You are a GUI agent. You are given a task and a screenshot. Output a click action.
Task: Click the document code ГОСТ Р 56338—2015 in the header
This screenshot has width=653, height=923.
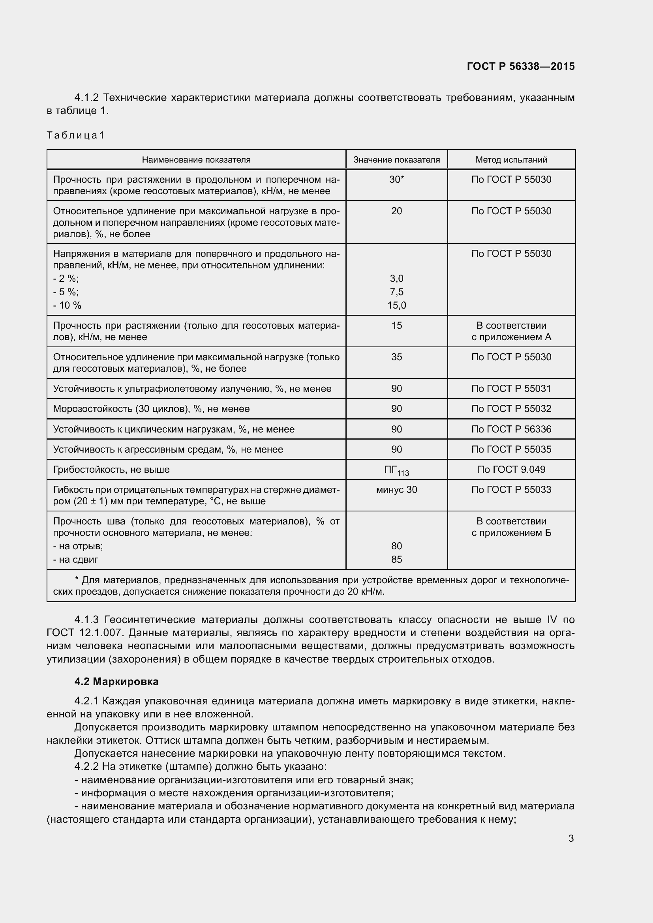(x=521, y=66)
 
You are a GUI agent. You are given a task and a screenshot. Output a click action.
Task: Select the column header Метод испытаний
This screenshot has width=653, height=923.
(x=511, y=159)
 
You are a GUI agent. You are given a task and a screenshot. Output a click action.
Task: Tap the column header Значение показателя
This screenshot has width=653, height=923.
(x=396, y=159)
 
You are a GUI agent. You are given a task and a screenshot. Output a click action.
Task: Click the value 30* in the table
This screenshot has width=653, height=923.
(x=396, y=180)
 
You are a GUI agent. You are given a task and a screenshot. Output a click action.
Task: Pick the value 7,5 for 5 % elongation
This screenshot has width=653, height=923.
(x=396, y=292)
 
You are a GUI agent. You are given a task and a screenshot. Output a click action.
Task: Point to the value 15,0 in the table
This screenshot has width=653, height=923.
(x=396, y=305)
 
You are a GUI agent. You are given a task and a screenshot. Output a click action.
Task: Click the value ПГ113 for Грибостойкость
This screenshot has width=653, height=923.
(x=396, y=470)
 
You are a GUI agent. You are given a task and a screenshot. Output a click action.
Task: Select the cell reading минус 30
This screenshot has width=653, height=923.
(x=396, y=490)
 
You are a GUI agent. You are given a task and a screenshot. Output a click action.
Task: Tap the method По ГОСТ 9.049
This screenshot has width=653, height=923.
(x=511, y=470)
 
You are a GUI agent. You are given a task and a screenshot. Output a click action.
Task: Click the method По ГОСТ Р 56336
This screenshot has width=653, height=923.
(x=511, y=429)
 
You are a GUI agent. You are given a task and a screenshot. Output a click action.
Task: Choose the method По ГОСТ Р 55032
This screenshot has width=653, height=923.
(x=511, y=409)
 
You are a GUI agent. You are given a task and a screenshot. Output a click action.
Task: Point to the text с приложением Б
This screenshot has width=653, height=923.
(x=511, y=533)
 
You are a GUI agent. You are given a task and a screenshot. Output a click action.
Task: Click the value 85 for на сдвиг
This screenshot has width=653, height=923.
(x=396, y=559)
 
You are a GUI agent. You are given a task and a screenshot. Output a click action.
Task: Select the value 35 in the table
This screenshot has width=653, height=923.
(x=396, y=357)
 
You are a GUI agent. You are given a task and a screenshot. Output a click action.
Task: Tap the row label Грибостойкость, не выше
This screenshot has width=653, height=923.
(x=111, y=470)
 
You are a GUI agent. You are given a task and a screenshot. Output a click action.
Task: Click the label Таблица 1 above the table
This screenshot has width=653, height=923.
(x=75, y=135)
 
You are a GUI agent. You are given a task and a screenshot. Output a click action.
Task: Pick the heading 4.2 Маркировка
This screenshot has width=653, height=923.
(x=116, y=681)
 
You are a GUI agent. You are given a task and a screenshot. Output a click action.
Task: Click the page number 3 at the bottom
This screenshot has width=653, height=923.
(x=571, y=839)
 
